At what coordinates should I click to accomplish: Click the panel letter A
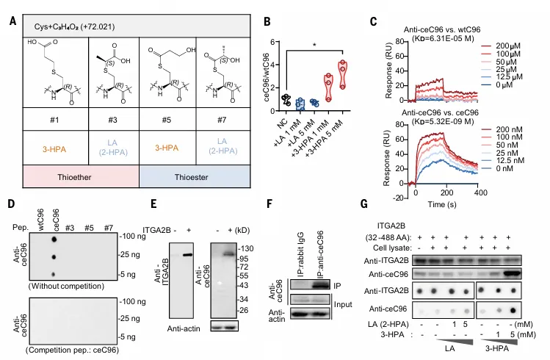13,21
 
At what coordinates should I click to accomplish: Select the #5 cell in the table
167,119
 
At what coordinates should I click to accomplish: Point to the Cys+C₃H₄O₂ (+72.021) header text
74,27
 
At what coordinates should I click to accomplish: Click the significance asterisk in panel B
314,46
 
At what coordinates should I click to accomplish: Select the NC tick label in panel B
283,123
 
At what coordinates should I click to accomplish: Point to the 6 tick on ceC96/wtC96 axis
273,42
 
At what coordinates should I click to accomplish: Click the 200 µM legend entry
508,46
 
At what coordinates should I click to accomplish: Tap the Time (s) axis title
442,204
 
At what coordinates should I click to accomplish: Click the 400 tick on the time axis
480,192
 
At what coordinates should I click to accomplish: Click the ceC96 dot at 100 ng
54,240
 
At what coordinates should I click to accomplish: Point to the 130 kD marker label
246,248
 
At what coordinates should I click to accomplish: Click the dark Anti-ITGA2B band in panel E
187,255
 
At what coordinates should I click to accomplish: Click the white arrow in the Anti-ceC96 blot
220,283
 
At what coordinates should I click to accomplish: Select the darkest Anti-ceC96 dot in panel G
513,310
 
